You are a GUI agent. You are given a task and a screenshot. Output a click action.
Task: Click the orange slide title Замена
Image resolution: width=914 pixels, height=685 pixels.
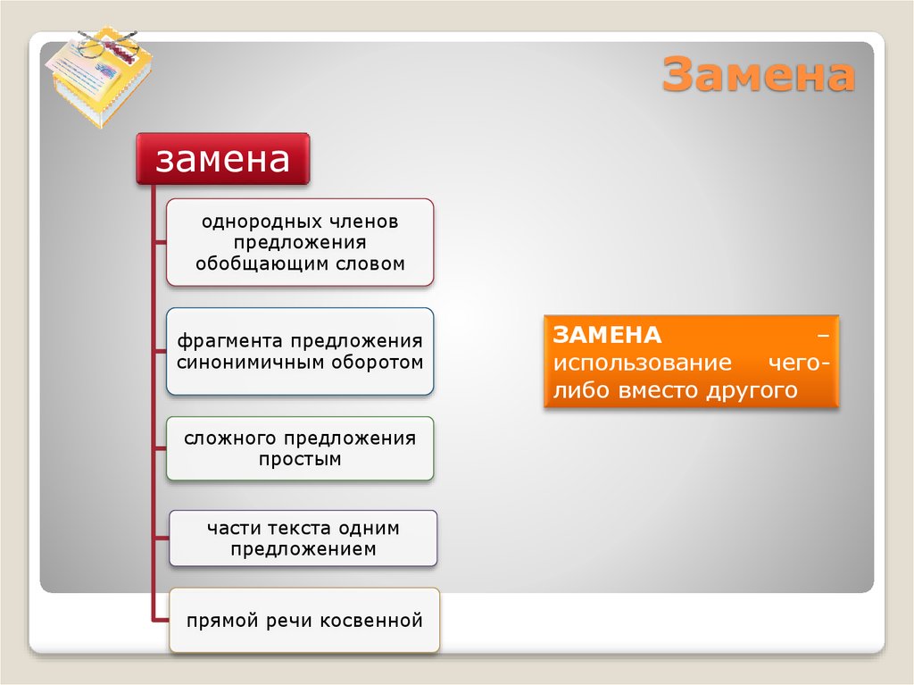[x=758, y=75]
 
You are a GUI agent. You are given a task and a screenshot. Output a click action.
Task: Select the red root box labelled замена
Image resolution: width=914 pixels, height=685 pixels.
[x=223, y=159]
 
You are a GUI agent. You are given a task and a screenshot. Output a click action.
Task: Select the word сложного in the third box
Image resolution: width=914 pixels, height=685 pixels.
[x=231, y=439]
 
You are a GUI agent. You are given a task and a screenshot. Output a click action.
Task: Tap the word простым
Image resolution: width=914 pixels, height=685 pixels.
[x=300, y=460]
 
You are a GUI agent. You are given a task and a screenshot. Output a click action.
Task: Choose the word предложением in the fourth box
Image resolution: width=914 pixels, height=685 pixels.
[x=303, y=549]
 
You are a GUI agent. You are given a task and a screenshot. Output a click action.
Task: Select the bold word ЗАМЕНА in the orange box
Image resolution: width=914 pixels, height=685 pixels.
[x=607, y=335]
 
